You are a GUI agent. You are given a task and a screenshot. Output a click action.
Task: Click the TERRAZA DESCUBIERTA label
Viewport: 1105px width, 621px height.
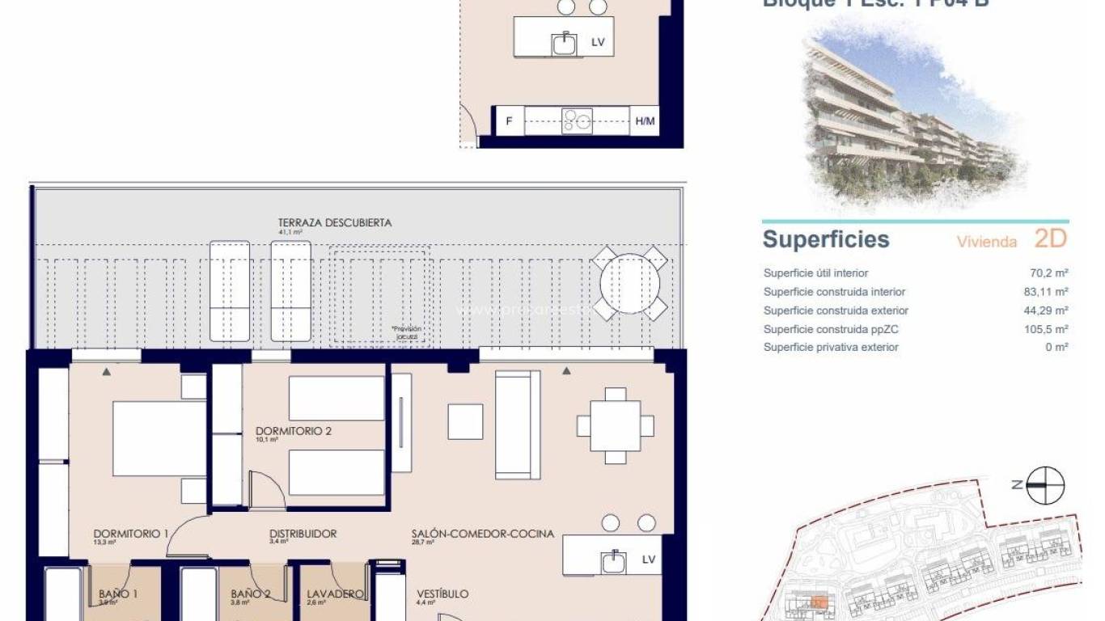coord(335,223)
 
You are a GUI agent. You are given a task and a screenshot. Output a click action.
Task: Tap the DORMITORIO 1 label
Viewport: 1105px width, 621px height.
coord(131,534)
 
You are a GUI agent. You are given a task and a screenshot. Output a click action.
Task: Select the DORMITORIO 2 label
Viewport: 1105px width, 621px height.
coord(294,431)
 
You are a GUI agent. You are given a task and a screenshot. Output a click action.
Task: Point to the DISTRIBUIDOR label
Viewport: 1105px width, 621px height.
coord(303,534)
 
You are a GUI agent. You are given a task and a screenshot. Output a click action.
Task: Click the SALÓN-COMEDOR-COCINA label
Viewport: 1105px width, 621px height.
coord(482,534)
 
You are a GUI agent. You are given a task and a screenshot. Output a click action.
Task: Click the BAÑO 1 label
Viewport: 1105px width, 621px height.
coord(118,594)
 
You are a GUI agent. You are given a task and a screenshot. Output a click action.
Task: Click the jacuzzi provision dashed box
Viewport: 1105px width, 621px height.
coord(379,295)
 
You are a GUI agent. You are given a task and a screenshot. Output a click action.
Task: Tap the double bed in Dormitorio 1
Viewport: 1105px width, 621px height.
coord(159,439)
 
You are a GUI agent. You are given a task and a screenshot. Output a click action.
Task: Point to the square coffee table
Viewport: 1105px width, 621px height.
coord(465,421)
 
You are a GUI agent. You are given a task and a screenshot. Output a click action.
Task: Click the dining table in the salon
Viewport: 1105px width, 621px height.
coord(615,425)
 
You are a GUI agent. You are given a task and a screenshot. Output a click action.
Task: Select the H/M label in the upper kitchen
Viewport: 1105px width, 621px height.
coord(645,121)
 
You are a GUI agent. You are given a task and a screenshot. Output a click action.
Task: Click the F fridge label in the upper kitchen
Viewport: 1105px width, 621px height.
coord(509,121)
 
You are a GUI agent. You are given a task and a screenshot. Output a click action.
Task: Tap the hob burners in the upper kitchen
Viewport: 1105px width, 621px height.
coord(578,121)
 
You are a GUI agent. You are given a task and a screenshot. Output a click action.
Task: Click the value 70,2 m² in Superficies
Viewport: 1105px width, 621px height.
coord(1051,273)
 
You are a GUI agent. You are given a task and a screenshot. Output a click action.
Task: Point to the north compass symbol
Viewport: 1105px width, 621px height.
coord(1045,485)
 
